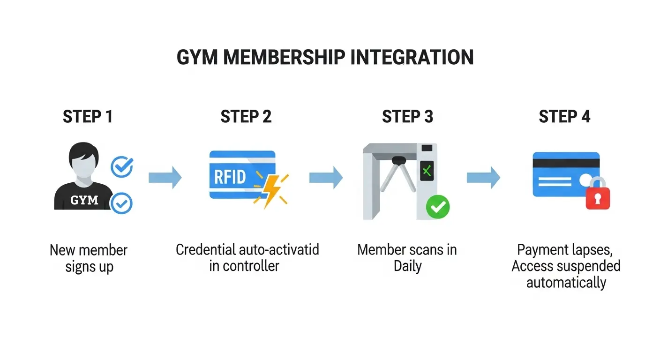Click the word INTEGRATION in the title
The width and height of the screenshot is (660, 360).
(412, 57)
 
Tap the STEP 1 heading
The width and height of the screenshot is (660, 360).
(88, 117)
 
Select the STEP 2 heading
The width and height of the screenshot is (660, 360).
(246, 117)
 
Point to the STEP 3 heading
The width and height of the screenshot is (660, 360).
(407, 117)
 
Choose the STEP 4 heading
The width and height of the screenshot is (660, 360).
(564, 117)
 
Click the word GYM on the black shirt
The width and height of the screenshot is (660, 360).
(84, 200)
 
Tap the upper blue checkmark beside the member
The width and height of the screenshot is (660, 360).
(122, 166)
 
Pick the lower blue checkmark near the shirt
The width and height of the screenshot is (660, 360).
(121, 203)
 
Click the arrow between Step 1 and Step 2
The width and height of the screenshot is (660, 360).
(165, 178)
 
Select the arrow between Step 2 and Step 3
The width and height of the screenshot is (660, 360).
(326, 178)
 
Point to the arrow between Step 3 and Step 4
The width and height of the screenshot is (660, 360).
(483, 178)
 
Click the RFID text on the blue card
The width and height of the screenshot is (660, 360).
(230, 177)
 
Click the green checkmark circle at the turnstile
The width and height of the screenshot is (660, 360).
(437, 206)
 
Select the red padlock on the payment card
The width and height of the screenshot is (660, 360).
(598, 196)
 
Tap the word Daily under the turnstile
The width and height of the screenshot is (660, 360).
(407, 266)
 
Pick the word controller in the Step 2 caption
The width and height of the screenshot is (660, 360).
(251, 266)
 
